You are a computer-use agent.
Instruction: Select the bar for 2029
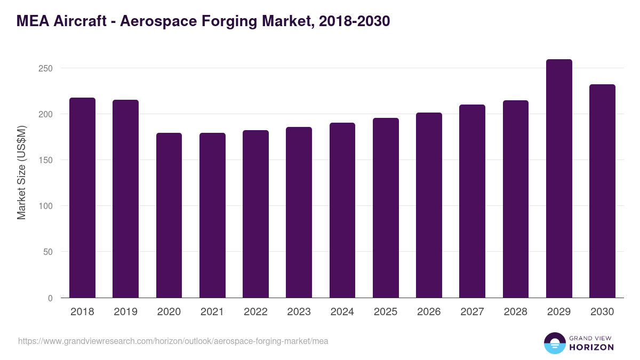pyautogui.click(x=559, y=179)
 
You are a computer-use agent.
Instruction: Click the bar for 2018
pyautogui.click(x=82, y=198)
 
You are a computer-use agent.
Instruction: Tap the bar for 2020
pyautogui.click(x=169, y=215)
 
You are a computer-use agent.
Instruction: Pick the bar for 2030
pyautogui.click(x=602, y=191)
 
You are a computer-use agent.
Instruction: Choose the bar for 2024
pyautogui.click(x=342, y=210)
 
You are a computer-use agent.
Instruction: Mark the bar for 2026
pyautogui.click(x=429, y=205)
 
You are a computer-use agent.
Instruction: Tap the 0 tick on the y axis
pyautogui.click(x=50, y=298)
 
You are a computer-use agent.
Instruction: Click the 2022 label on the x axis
pyautogui.click(x=255, y=312)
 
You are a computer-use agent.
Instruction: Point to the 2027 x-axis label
pyautogui.click(x=472, y=312)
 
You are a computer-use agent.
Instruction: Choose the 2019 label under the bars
pyautogui.click(x=125, y=312)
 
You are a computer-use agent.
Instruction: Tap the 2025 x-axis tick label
pyautogui.click(x=386, y=312)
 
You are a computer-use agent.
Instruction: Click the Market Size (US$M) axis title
pyautogui.click(x=21, y=172)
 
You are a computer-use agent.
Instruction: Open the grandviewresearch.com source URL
pyautogui.click(x=173, y=341)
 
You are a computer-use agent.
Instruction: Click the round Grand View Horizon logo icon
pyautogui.click(x=555, y=343)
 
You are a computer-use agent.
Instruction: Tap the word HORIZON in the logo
pyautogui.click(x=592, y=347)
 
